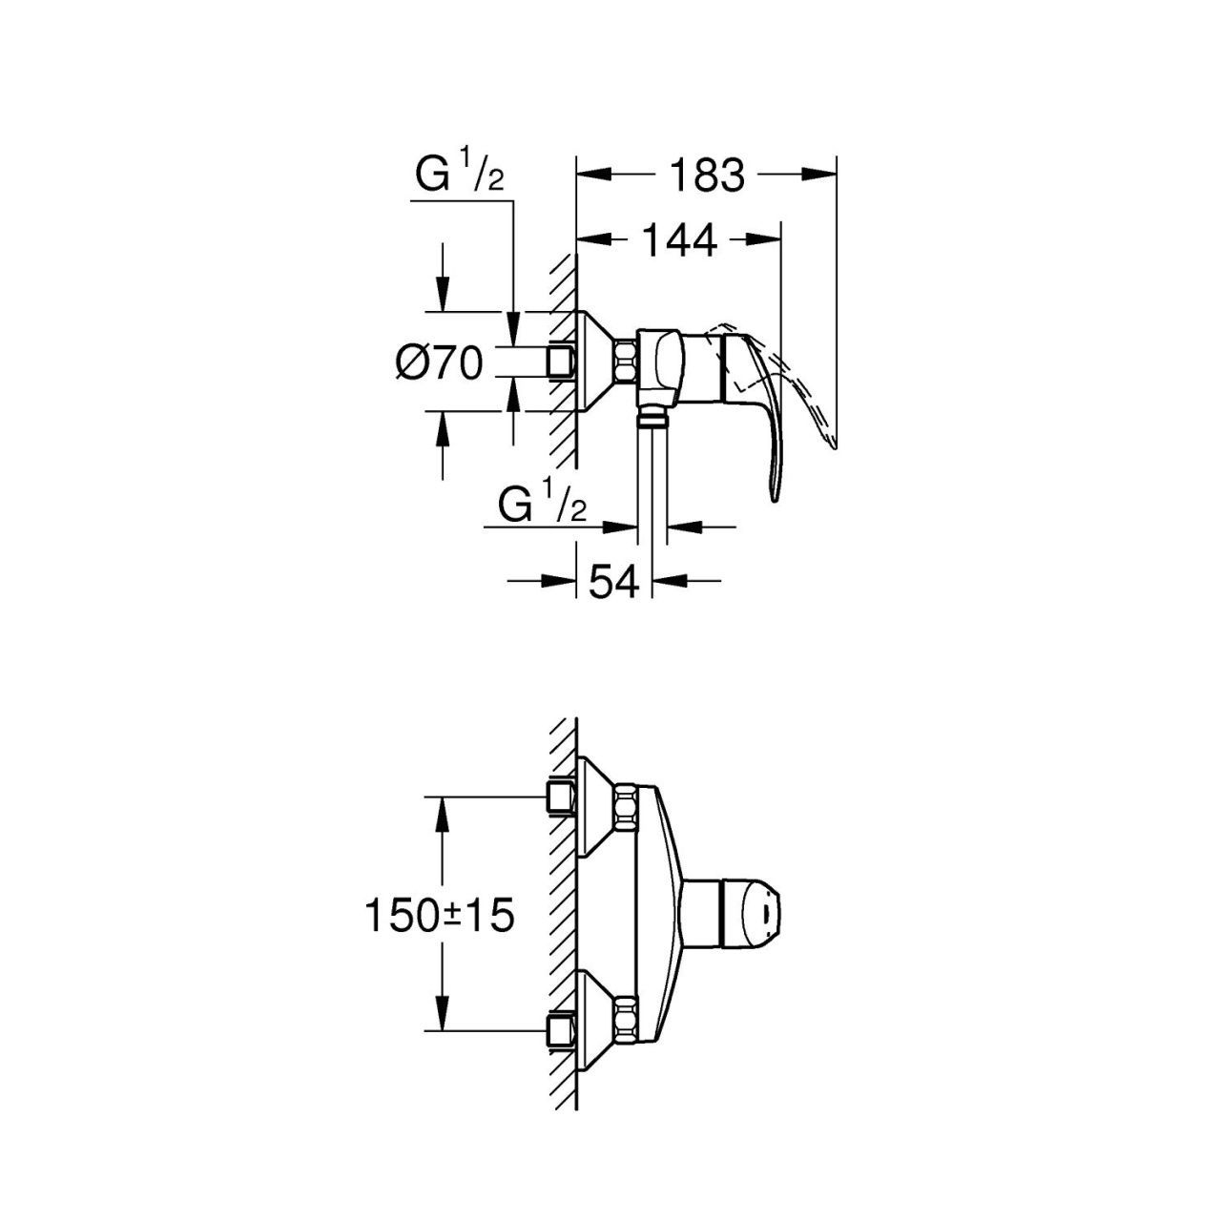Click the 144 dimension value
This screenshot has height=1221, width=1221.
pyautogui.click(x=679, y=240)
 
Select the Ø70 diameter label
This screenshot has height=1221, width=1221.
pyautogui.click(x=439, y=363)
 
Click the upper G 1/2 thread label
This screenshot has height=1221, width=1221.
pyautogui.click(x=460, y=174)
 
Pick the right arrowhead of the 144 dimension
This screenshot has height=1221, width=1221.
pyautogui.click(x=763, y=239)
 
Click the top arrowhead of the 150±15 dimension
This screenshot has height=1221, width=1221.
pyautogui.click(x=443, y=815)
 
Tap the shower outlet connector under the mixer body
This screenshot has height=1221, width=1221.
pyautogui.click(x=652, y=416)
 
